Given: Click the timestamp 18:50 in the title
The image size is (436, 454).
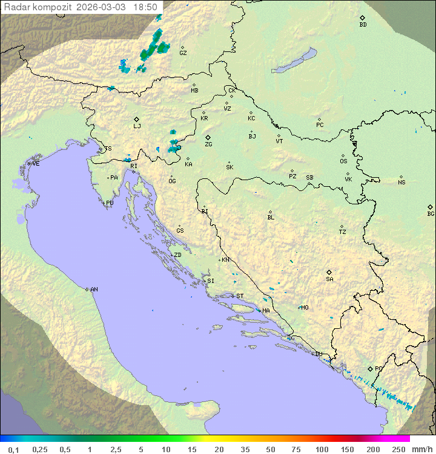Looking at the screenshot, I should pyautogui.click(x=145, y=7).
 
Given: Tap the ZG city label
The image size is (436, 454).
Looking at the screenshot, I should pyautogui.click(x=208, y=144).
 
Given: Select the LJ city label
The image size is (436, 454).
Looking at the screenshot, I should pyautogui.click(x=137, y=126).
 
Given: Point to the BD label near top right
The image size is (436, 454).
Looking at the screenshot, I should pyautogui.click(x=363, y=25).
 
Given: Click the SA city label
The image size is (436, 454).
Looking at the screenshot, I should pyautogui.click(x=329, y=279).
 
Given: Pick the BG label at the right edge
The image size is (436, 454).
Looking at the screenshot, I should pyautogui.click(x=431, y=213).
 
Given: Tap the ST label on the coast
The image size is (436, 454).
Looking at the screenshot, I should pyautogui.click(x=240, y=296).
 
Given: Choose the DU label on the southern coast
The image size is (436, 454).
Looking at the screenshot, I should pyautogui.click(x=319, y=354).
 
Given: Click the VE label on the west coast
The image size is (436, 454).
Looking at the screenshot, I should pyautogui.click(x=36, y=164).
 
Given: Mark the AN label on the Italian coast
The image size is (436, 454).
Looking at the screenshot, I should pyautogui.click(x=94, y=290).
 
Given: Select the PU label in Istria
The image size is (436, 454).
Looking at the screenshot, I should pyautogui.click(x=110, y=203).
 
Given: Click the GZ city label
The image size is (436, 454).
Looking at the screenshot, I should pyautogui.click(x=183, y=53).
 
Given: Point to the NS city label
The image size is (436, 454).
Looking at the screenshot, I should pyautogui.click(x=401, y=183).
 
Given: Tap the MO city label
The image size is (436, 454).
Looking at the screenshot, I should pyautogui.click(x=305, y=308).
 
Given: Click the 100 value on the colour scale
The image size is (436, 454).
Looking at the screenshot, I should pyautogui.click(x=322, y=449).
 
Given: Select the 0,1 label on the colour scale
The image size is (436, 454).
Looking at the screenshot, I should pyautogui.click(x=13, y=449).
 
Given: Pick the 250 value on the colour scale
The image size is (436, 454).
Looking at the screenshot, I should pyautogui.click(x=398, y=449).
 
